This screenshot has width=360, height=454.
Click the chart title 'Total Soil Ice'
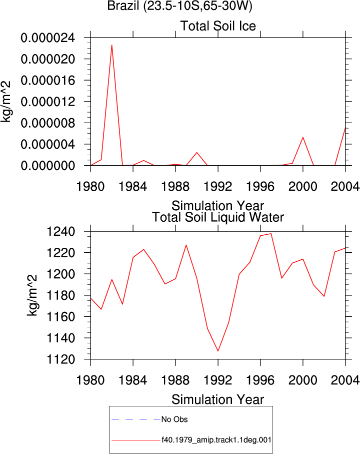218,26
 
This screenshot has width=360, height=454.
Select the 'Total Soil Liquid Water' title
218,217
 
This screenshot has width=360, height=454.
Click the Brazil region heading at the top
179,6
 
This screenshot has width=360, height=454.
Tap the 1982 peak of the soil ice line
111,45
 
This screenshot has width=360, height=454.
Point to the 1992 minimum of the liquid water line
218,351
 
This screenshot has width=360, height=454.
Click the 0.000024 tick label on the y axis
47,38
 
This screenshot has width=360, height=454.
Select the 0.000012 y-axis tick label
47,102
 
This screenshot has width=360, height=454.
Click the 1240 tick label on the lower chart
60,232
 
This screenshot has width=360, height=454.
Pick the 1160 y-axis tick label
60,317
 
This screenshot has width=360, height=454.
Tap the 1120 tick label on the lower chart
60,359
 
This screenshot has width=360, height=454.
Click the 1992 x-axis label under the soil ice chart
218,187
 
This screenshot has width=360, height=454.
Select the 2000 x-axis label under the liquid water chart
302,380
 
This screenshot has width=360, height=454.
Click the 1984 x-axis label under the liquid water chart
133,380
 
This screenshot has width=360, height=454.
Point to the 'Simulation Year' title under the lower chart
217,399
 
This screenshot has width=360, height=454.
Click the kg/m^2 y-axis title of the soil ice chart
6,102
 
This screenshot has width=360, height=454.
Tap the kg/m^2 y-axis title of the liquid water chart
32,295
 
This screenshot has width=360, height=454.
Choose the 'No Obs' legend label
174,419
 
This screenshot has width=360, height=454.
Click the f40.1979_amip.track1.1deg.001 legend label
216,440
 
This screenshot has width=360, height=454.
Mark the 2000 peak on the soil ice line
302,137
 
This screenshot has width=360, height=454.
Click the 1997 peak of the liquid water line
271,234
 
